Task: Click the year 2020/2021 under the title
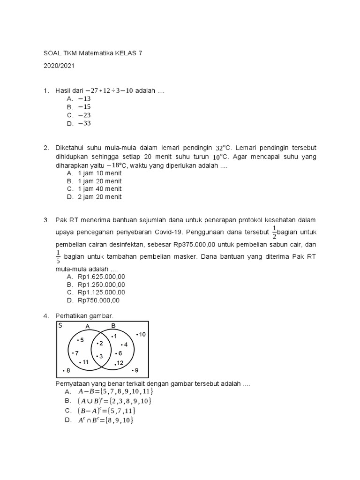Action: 59,66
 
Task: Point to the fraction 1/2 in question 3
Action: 275,231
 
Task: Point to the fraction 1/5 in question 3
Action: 58,257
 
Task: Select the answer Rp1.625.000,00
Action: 102,277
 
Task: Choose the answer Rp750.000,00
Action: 99,300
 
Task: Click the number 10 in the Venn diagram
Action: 142,334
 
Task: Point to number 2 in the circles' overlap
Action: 100,344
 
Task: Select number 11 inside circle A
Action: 84,362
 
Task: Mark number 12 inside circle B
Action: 119,363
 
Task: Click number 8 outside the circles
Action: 67,370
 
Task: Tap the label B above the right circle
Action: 113,326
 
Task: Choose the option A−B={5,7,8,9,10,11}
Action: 115,391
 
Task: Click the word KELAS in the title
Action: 124,53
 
